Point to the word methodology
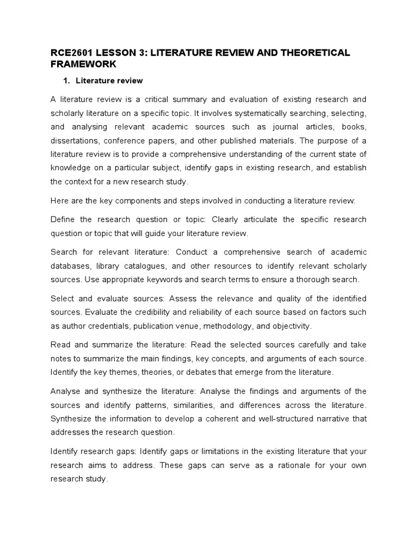246,326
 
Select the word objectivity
293,326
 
